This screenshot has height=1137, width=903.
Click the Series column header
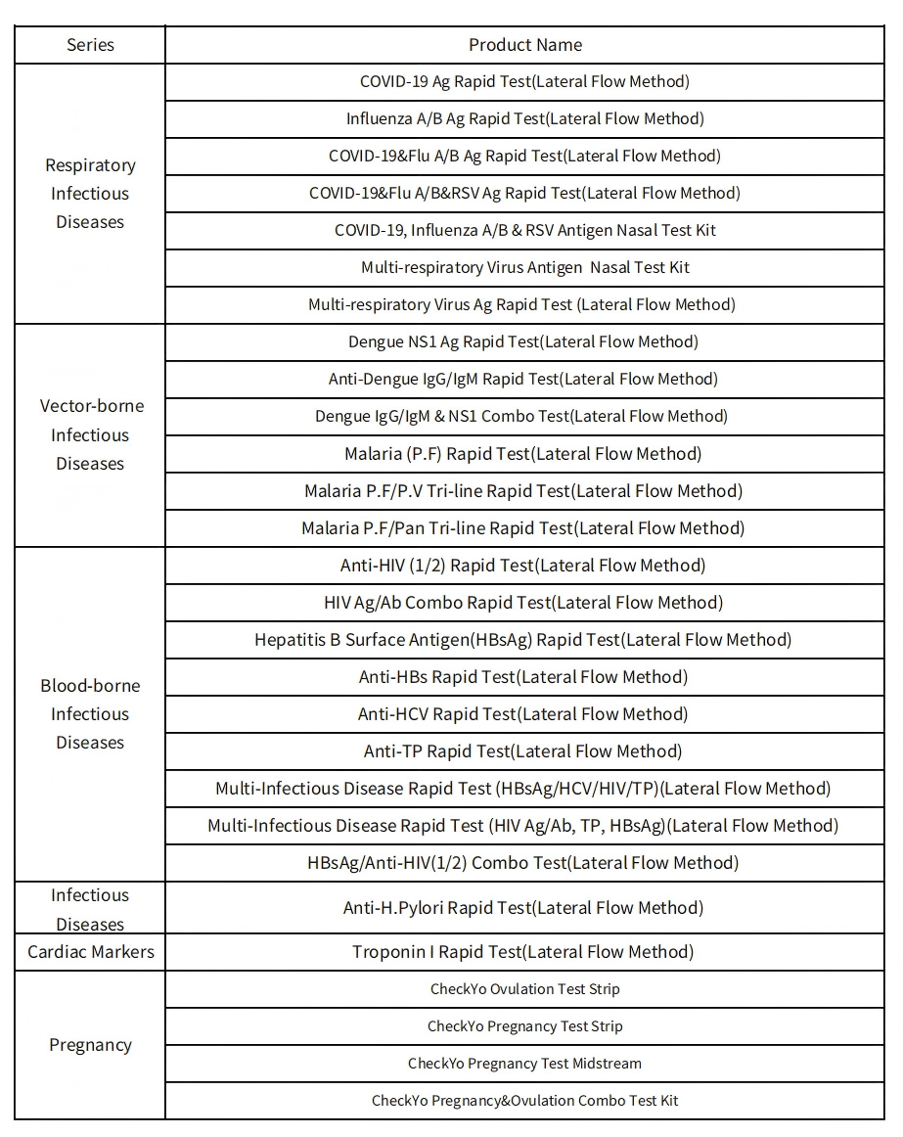[x=90, y=45]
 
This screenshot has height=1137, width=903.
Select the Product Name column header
[x=524, y=45]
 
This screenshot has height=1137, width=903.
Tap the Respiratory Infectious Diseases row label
[x=90, y=194]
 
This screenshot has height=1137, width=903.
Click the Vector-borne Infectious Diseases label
[x=90, y=434]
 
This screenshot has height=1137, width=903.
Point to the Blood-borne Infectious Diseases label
[x=90, y=714]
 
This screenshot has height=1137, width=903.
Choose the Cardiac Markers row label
[x=90, y=951]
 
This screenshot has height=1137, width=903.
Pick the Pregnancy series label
[x=90, y=1045]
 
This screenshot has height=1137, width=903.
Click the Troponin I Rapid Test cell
[x=523, y=951]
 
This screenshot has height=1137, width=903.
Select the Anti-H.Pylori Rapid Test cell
[x=523, y=908]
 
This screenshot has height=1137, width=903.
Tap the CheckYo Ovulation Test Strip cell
[x=524, y=989]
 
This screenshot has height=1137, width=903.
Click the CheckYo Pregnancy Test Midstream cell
[x=524, y=1064]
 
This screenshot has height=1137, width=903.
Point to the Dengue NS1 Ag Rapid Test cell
[x=523, y=341]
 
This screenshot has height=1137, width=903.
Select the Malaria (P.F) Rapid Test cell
[x=523, y=454]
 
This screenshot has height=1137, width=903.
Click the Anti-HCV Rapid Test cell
[x=523, y=714]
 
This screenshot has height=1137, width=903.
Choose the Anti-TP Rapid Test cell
[x=523, y=751]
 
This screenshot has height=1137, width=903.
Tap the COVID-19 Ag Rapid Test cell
[x=524, y=82]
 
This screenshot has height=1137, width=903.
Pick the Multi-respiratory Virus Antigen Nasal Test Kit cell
[x=525, y=267]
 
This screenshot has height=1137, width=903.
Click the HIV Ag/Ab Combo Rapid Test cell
[x=523, y=603]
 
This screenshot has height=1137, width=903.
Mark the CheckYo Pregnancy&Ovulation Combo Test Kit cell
[x=524, y=1101]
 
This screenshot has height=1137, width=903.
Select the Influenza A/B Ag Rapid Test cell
[x=524, y=119]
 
